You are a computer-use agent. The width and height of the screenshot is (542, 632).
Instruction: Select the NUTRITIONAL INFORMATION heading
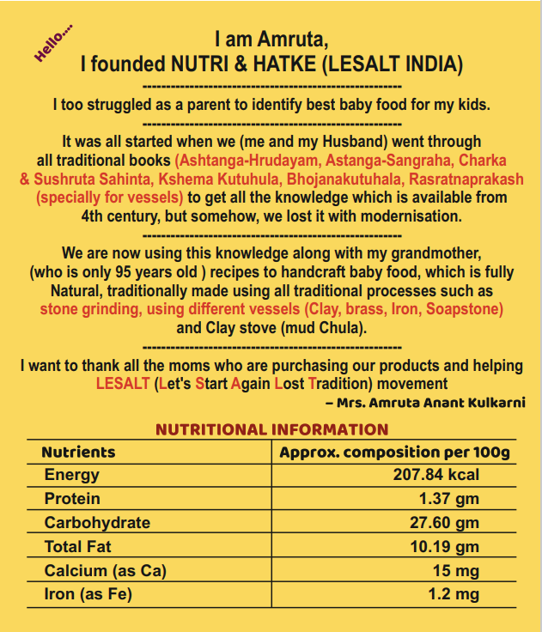(271, 429)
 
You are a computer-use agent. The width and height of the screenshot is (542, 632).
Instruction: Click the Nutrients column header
(78, 452)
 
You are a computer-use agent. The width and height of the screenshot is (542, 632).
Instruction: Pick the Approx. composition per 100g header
(394, 452)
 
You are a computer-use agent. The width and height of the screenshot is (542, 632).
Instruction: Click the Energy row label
(72, 475)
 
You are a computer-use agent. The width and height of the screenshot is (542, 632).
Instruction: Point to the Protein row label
(72, 499)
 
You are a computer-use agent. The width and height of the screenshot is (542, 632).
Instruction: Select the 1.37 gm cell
(448, 499)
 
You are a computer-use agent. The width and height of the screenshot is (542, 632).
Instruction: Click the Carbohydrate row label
(97, 522)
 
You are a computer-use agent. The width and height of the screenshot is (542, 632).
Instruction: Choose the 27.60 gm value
(444, 522)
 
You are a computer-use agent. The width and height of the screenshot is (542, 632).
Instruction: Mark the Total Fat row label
(78, 546)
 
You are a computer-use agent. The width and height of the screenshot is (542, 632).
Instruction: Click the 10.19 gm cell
(444, 546)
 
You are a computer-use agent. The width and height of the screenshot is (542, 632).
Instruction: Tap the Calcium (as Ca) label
(105, 570)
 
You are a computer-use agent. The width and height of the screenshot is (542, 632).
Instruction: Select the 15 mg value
(456, 570)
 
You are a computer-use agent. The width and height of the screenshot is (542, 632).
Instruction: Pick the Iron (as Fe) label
(88, 593)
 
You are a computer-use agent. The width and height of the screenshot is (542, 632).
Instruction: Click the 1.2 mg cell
(454, 593)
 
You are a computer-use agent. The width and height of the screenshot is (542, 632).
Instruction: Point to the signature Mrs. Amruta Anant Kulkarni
(425, 403)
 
